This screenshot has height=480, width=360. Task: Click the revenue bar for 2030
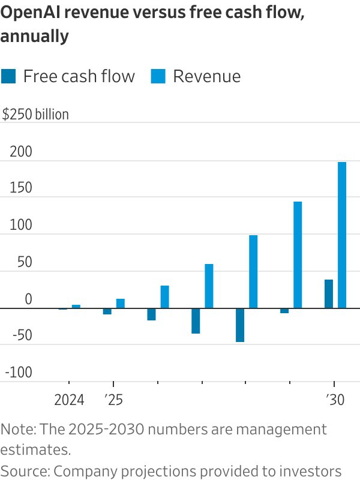click(342, 235)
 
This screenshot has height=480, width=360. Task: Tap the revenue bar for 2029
click(298, 255)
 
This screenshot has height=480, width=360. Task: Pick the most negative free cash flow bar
click(240, 325)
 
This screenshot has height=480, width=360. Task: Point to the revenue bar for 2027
click(209, 286)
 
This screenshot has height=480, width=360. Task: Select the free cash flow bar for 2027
click(196, 321)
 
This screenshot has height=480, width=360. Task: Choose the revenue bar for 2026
click(164, 297)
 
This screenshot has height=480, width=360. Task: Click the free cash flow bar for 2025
click(107, 311)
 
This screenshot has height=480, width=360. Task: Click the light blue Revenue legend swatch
click(158, 76)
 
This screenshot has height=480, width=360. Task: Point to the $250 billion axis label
click(35, 114)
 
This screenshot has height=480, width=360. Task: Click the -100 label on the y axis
click(18, 373)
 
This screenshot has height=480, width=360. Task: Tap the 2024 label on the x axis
click(69, 400)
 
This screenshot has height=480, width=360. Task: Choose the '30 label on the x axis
click(335, 400)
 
